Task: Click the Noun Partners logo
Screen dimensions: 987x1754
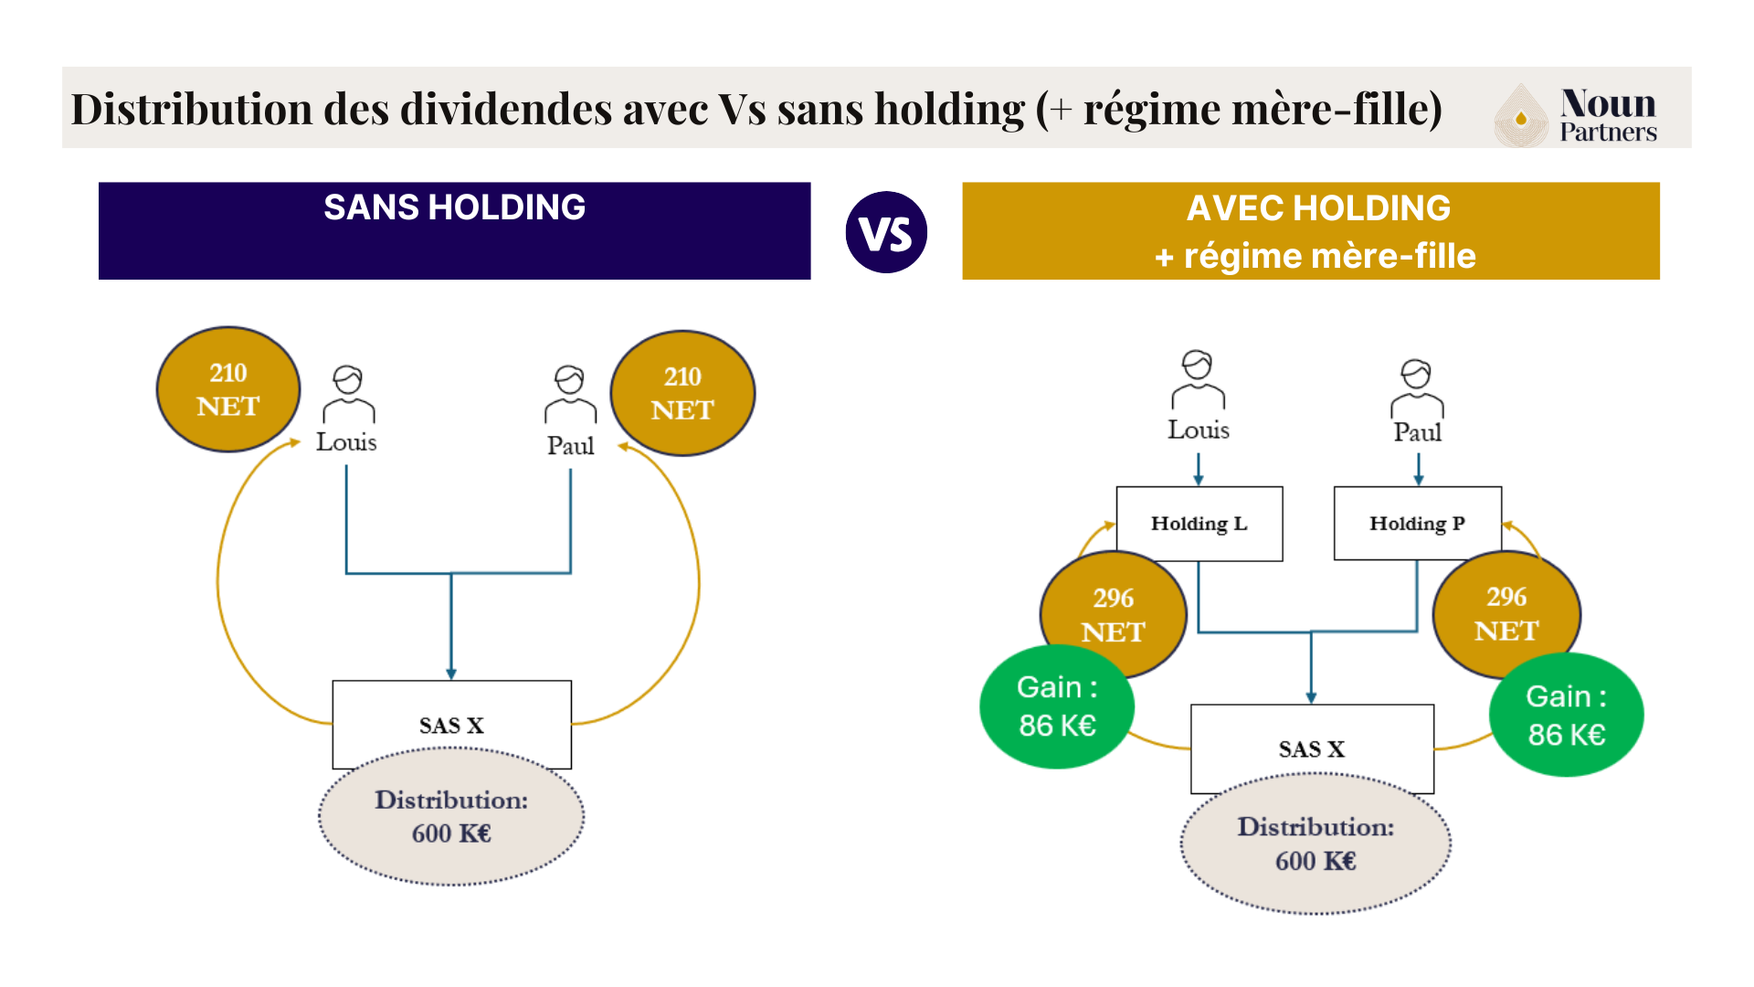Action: pyautogui.click(x=1576, y=115)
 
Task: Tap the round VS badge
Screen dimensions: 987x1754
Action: pyautogui.click(x=886, y=232)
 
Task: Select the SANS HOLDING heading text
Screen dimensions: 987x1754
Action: pyautogui.click(x=454, y=207)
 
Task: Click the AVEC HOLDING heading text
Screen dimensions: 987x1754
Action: pyautogui.click(x=1317, y=208)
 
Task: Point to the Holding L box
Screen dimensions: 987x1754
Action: pyautogui.click(x=1199, y=524)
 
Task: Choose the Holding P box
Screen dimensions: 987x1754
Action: pyautogui.click(x=1417, y=524)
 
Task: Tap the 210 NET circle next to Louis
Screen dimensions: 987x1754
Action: pyautogui.click(x=228, y=389)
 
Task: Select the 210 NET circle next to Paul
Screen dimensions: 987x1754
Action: pyautogui.click(x=682, y=393)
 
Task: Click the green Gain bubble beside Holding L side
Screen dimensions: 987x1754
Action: pyautogui.click(x=1057, y=706)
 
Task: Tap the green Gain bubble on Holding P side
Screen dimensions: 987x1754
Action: pyautogui.click(x=1566, y=716)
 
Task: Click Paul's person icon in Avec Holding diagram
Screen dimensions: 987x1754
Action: pyautogui.click(x=1417, y=387)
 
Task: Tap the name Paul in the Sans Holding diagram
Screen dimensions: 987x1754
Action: pyautogui.click(x=570, y=446)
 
